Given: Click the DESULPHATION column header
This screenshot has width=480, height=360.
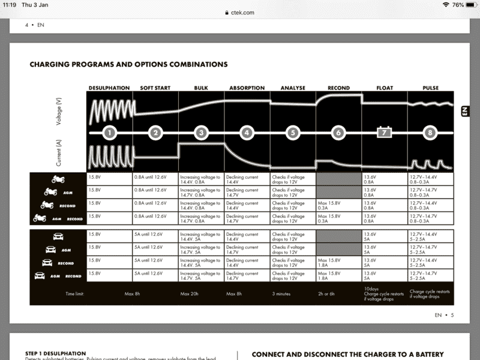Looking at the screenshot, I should tap(109, 88).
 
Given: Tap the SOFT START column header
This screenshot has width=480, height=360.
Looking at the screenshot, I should tap(155, 88).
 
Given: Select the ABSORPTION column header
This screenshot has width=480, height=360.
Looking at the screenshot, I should tap(247, 88).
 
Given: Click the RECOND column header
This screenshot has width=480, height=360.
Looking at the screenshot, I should tap(338, 88).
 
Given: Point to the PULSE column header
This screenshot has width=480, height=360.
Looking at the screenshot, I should tap(430, 88).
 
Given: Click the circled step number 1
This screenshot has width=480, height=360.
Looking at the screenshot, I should tap(109, 133).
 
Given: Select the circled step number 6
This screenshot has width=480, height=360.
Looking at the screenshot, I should tap(338, 133).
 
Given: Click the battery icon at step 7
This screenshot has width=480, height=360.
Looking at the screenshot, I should tap(384, 133).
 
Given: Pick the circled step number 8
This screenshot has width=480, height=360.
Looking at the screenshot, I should tap(430, 133).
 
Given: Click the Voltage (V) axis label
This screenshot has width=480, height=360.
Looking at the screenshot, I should tap(59, 111).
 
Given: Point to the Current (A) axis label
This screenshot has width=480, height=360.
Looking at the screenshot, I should tap(59, 153).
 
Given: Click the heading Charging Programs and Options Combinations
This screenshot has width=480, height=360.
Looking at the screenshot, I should tap(128, 64).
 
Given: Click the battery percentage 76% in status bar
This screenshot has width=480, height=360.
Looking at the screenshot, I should tap(458, 5).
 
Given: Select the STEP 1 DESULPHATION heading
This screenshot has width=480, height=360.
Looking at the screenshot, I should tap(56, 353).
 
